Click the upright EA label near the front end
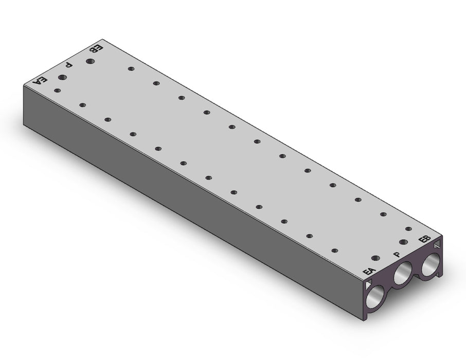pos(369,272)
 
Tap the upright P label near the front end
pos(397,255)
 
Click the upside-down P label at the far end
pos(69,64)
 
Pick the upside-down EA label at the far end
pos(40,81)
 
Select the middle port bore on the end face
pos(403,274)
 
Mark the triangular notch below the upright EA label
pos(368,284)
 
